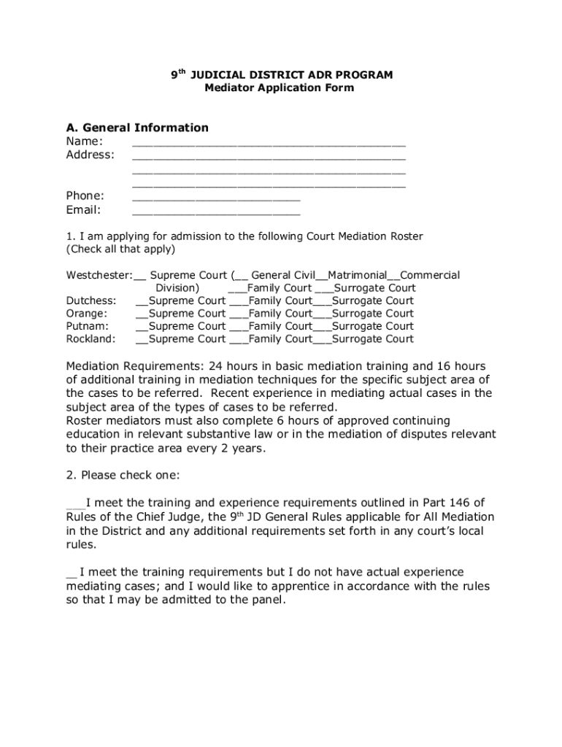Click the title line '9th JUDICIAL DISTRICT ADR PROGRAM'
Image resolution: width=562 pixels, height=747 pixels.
click(281, 74)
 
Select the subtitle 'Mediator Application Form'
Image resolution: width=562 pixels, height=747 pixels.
click(280, 88)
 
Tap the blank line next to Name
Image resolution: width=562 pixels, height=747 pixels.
click(269, 142)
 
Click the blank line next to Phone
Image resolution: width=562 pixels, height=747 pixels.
click(216, 197)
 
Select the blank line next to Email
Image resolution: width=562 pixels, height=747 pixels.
click(216, 212)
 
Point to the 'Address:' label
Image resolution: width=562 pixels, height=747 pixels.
click(91, 155)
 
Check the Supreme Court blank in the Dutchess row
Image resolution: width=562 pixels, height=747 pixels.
click(142, 302)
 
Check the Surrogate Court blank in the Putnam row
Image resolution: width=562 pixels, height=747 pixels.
click(322, 328)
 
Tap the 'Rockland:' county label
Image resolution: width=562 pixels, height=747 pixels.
click(91, 338)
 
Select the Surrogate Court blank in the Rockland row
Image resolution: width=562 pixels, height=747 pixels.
click(322, 341)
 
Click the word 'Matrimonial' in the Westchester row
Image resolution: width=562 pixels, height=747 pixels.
click(358, 275)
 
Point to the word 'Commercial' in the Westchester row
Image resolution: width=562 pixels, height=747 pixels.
click(430, 275)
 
